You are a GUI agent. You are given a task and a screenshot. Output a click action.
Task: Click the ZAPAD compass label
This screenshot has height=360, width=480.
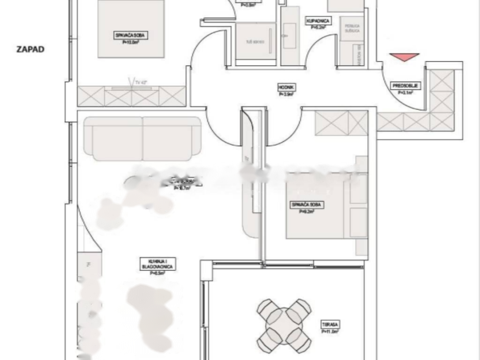[30, 49]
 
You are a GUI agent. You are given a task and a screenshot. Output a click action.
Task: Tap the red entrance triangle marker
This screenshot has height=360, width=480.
[404, 57]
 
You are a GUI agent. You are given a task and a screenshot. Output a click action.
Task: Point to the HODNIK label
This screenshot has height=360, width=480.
[286, 87]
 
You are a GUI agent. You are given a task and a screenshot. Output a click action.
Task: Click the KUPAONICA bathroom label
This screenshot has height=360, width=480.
[319, 21]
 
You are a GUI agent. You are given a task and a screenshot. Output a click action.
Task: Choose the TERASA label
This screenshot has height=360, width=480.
[330, 324]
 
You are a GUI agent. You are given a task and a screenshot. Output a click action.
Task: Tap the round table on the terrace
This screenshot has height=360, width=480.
[284, 323]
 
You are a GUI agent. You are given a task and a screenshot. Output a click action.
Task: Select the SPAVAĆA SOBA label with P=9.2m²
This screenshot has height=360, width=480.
[307, 205]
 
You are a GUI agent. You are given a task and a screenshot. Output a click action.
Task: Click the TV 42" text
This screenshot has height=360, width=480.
[139, 82]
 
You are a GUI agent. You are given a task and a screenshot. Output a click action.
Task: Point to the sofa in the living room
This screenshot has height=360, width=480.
[142, 139]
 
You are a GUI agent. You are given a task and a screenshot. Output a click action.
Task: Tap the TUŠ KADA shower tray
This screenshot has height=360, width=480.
[255, 42]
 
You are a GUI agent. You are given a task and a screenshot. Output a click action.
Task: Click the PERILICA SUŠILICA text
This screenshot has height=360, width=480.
[352, 28]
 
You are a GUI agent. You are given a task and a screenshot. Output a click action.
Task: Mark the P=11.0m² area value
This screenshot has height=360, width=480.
[330, 331]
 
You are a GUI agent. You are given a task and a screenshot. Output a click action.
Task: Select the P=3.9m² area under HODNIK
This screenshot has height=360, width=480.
[286, 94]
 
